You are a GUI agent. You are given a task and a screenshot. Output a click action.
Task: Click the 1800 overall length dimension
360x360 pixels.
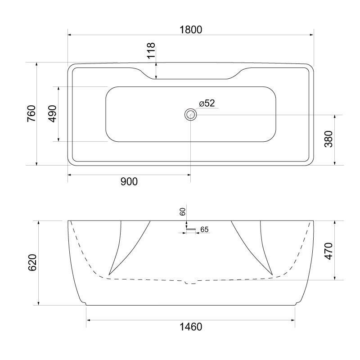(191, 29)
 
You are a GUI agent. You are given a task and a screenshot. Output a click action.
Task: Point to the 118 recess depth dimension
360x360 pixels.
(151, 50)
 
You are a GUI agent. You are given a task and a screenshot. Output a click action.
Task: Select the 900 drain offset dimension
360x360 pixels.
(129, 181)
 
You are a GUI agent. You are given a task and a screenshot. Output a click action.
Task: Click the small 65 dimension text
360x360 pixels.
(204, 229)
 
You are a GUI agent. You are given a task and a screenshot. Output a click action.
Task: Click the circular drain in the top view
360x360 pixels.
(191, 114)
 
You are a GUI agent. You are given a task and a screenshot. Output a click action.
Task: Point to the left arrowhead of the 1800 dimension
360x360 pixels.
(70, 35)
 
